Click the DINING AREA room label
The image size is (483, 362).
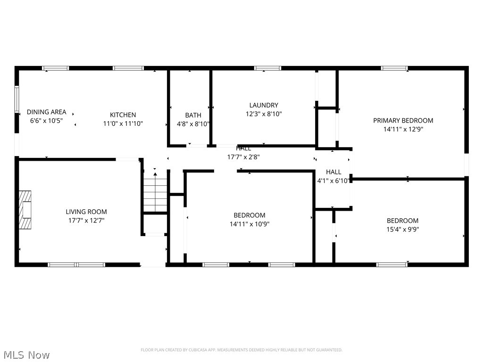pyautogui.click(x=47, y=112)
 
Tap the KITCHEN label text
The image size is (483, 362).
pyautogui.click(x=123, y=115)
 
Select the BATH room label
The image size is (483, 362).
pyautogui.click(x=193, y=115)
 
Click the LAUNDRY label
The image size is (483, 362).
pyautogui.click(x=264, y=105)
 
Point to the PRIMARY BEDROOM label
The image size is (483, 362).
pyautogui.click(x=403, y=121)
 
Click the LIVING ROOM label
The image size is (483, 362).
pyautogui.click(x=86, y=212)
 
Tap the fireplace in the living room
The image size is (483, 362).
pyautogui.click(x=25, y=210)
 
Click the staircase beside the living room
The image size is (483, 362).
pyautogui.click(x=155, y=192)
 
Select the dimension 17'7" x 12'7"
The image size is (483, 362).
pyautogui.click(x=87, y=221)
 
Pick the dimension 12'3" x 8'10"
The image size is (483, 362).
pyautogui.click(x=264, y=114)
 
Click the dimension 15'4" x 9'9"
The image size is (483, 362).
pyautogui.click(x=403, y=230)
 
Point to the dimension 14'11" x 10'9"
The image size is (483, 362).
pyautogui.click(x=250, y=224)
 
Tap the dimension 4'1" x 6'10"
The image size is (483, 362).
pyautogui.click(x=333, y=181)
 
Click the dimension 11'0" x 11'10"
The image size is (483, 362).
pyautogui.click(x=123, y=124)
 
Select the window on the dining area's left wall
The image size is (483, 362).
pyautogui.click(x=17, y=99)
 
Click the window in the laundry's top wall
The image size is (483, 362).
pyautogui.click(x=267, y=68)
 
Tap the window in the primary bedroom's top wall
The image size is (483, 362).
pyautogui.click(x=394, y=68)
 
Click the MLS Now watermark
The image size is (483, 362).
pyautogui.click(x=26, y=355)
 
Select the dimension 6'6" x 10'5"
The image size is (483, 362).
pyautogui.click(x=47, y=121)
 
